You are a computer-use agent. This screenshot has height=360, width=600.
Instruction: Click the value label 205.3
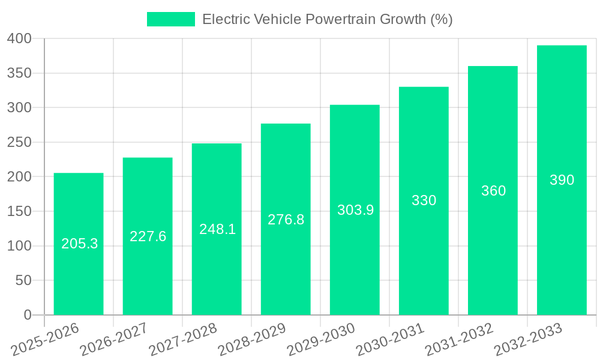point(79,244)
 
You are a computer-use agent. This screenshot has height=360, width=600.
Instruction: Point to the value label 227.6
point(148,236)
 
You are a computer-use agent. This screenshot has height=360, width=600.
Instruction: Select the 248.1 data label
point(217,229)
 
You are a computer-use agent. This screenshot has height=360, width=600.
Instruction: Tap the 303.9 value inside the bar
point(355,210)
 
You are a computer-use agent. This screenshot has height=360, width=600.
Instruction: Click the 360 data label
point(493,191)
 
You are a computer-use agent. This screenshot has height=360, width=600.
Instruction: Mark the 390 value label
point(562,180)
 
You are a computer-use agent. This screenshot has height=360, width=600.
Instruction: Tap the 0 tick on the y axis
point(27,315)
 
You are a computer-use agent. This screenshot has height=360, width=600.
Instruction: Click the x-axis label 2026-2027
point(114,338)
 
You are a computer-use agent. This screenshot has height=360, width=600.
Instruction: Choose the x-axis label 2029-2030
point(321,338)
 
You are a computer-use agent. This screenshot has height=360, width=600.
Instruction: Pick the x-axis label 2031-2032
point(459,338)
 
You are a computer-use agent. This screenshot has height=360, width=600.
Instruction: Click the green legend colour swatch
point(171,19)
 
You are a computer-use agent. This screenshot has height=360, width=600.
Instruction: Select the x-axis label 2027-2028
point(183,338)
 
